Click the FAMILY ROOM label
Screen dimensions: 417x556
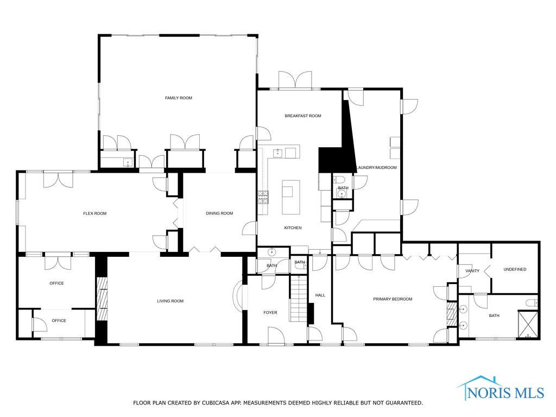point(179,98)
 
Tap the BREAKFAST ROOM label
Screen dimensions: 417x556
point(303,116)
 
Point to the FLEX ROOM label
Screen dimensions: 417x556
point(94,213)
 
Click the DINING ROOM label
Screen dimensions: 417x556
point(219,213)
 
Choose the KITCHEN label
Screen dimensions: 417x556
point(293,228)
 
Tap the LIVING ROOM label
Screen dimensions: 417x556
point(170,301)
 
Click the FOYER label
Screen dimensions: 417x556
point(270,312)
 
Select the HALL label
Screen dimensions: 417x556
point(320,295)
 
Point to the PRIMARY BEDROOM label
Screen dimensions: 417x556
point(393,299)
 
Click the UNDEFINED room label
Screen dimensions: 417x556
point(515,269)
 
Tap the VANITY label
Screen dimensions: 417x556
point(472,271)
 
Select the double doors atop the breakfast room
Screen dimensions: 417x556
point(295,80)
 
